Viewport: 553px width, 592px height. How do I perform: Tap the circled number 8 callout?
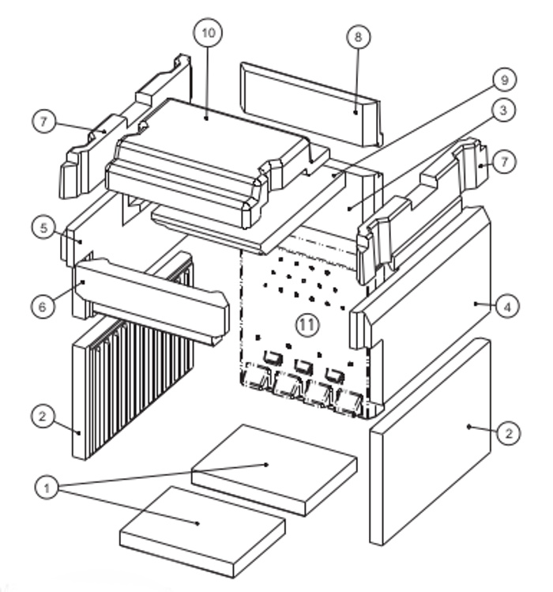point(359,38)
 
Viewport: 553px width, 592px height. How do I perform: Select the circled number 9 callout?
point(503,79)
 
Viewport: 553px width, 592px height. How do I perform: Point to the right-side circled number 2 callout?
point(509,432)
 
